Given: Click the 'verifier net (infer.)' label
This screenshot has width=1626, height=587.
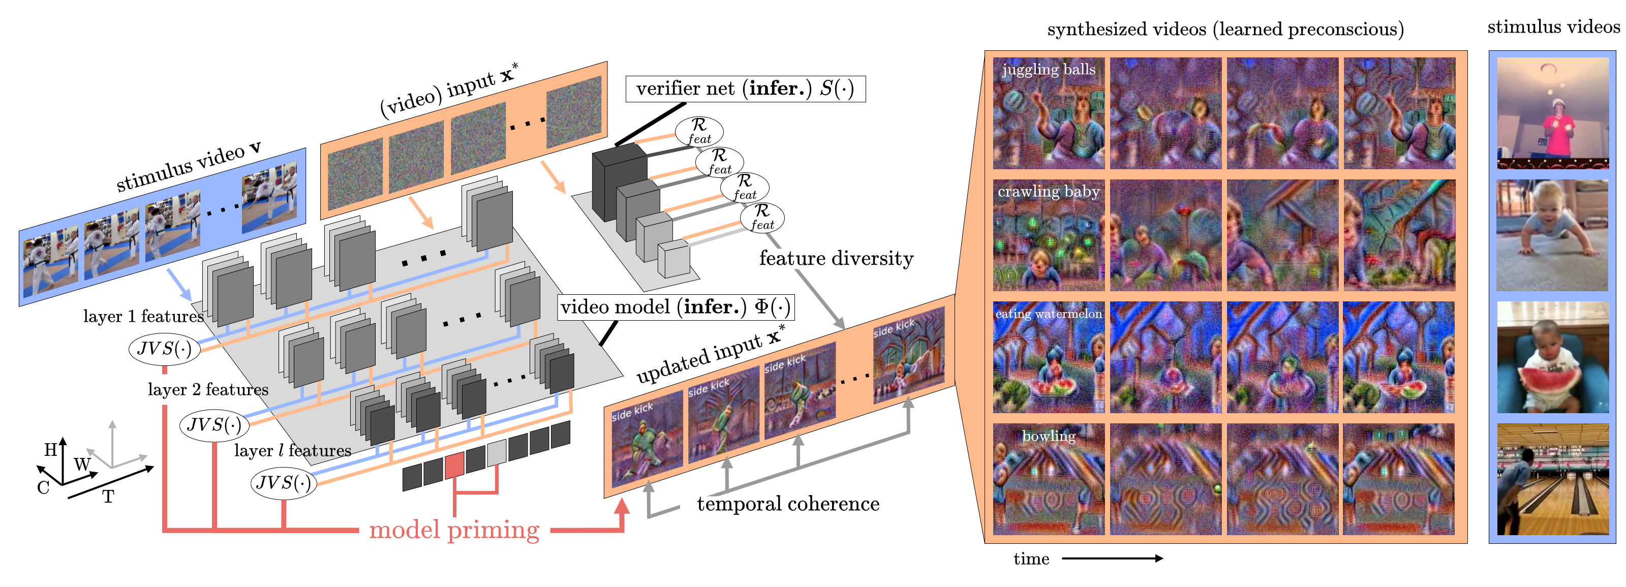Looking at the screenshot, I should [x=745, y=89].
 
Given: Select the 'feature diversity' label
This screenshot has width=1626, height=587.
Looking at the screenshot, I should [x=836, y=259].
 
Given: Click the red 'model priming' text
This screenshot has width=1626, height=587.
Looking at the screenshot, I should [x=454, y=530].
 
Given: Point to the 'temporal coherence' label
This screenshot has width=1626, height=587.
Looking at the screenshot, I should [x=787, y=504].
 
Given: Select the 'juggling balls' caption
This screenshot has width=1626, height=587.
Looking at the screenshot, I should [x=1049, y=70].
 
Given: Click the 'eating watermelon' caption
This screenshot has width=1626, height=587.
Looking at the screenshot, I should [x=1049, y=314].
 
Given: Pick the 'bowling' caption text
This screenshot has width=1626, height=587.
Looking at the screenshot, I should [x=1049, y=436].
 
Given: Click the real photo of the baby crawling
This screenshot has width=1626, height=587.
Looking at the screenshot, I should [x=1552, y=235].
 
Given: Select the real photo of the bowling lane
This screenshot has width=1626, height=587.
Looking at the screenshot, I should [x=1552, y=480].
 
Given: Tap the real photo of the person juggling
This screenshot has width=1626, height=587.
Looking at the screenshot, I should [x=1552, y=114].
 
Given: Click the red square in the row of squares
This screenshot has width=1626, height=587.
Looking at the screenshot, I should [x=454, y=466].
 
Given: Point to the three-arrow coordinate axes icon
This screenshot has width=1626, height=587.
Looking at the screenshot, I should [x=114, y=448].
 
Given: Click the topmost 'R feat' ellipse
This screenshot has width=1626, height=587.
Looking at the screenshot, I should [x=699, y=131].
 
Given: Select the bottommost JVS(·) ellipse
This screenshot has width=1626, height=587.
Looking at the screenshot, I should [x=284, y=483].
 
